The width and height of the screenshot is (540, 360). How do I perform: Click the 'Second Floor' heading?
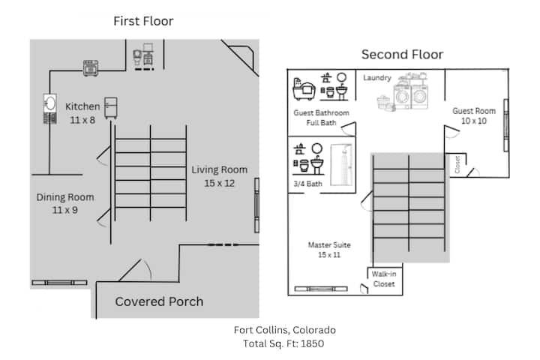(402, 54)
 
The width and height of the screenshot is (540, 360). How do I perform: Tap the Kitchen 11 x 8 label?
(82, 113)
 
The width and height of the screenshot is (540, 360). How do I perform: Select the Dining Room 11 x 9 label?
(65, 203)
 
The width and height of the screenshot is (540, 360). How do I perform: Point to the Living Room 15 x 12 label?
(219, 176)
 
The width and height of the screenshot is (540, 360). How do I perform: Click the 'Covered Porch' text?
(159, 301)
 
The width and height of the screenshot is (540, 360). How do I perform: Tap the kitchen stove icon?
(92, 67)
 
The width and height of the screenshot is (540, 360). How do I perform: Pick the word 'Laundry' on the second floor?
(377, 77)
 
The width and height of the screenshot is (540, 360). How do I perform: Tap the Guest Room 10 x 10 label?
(473, 115)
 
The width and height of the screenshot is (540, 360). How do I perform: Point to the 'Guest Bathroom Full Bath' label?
(321, 118)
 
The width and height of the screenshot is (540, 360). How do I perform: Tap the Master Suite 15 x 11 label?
(329, 250)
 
